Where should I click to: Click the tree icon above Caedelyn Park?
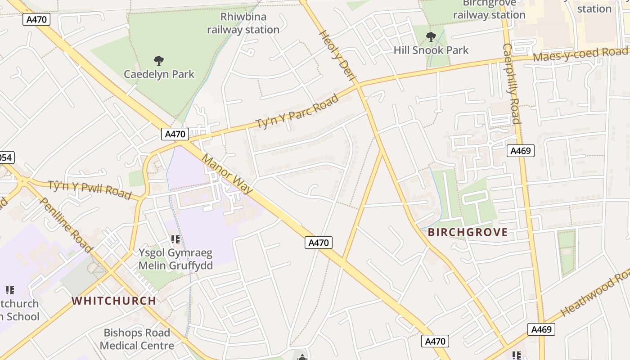[158, 60]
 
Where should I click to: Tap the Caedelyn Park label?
[159, 74]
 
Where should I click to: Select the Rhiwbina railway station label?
[243, 23]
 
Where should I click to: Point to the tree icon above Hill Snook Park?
[431, 37]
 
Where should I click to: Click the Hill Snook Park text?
[431, 50]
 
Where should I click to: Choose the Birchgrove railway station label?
[489, 9]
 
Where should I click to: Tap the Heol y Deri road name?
[337, 56]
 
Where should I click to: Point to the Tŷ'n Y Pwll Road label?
[90, 189]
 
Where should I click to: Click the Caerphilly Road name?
[512, 83]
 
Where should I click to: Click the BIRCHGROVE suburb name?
[468, 233]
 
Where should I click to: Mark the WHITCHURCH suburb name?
[114, 301]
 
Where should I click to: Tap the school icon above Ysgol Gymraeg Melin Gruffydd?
[175, 239]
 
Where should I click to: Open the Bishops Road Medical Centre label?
[137, 339]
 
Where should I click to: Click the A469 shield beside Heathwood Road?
[541, 329]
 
